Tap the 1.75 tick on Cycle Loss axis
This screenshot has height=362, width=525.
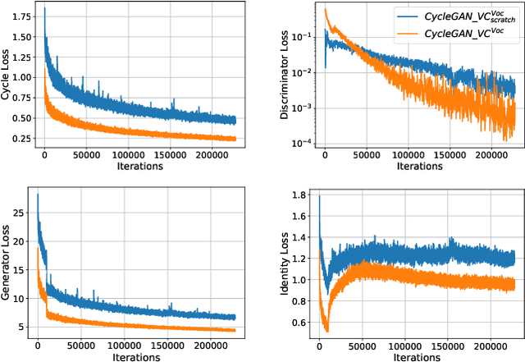point(22,16)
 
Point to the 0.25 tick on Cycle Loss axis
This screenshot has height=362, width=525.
point(22,137)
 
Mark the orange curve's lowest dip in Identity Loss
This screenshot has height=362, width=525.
point(326,331)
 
